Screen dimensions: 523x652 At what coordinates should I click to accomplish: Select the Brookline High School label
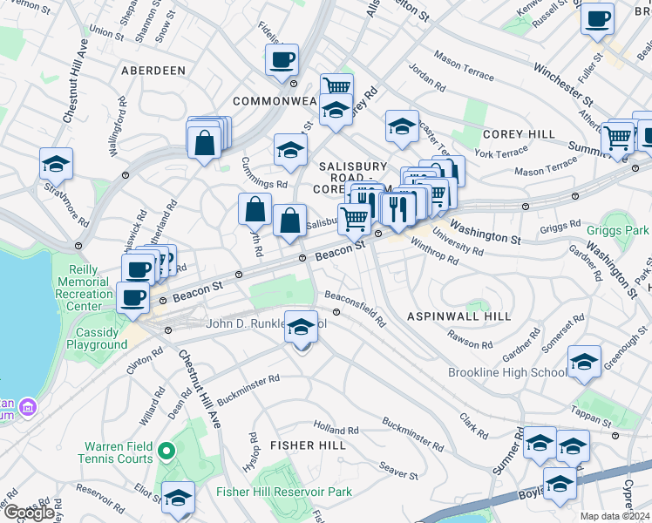coord(506,373)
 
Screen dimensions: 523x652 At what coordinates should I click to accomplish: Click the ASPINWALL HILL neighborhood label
coord(458,315)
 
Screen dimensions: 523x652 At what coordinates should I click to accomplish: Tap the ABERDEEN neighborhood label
coord(153,70)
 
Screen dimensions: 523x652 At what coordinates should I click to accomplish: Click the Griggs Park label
coord(620,232)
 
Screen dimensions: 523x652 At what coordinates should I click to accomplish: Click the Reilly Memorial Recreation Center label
coord(85,295)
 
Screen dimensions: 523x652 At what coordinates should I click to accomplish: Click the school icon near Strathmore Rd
coord(56,164)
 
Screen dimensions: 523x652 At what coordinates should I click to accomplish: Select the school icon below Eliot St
coord(179,498)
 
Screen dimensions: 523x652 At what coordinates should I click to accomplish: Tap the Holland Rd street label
coord(336,430)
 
